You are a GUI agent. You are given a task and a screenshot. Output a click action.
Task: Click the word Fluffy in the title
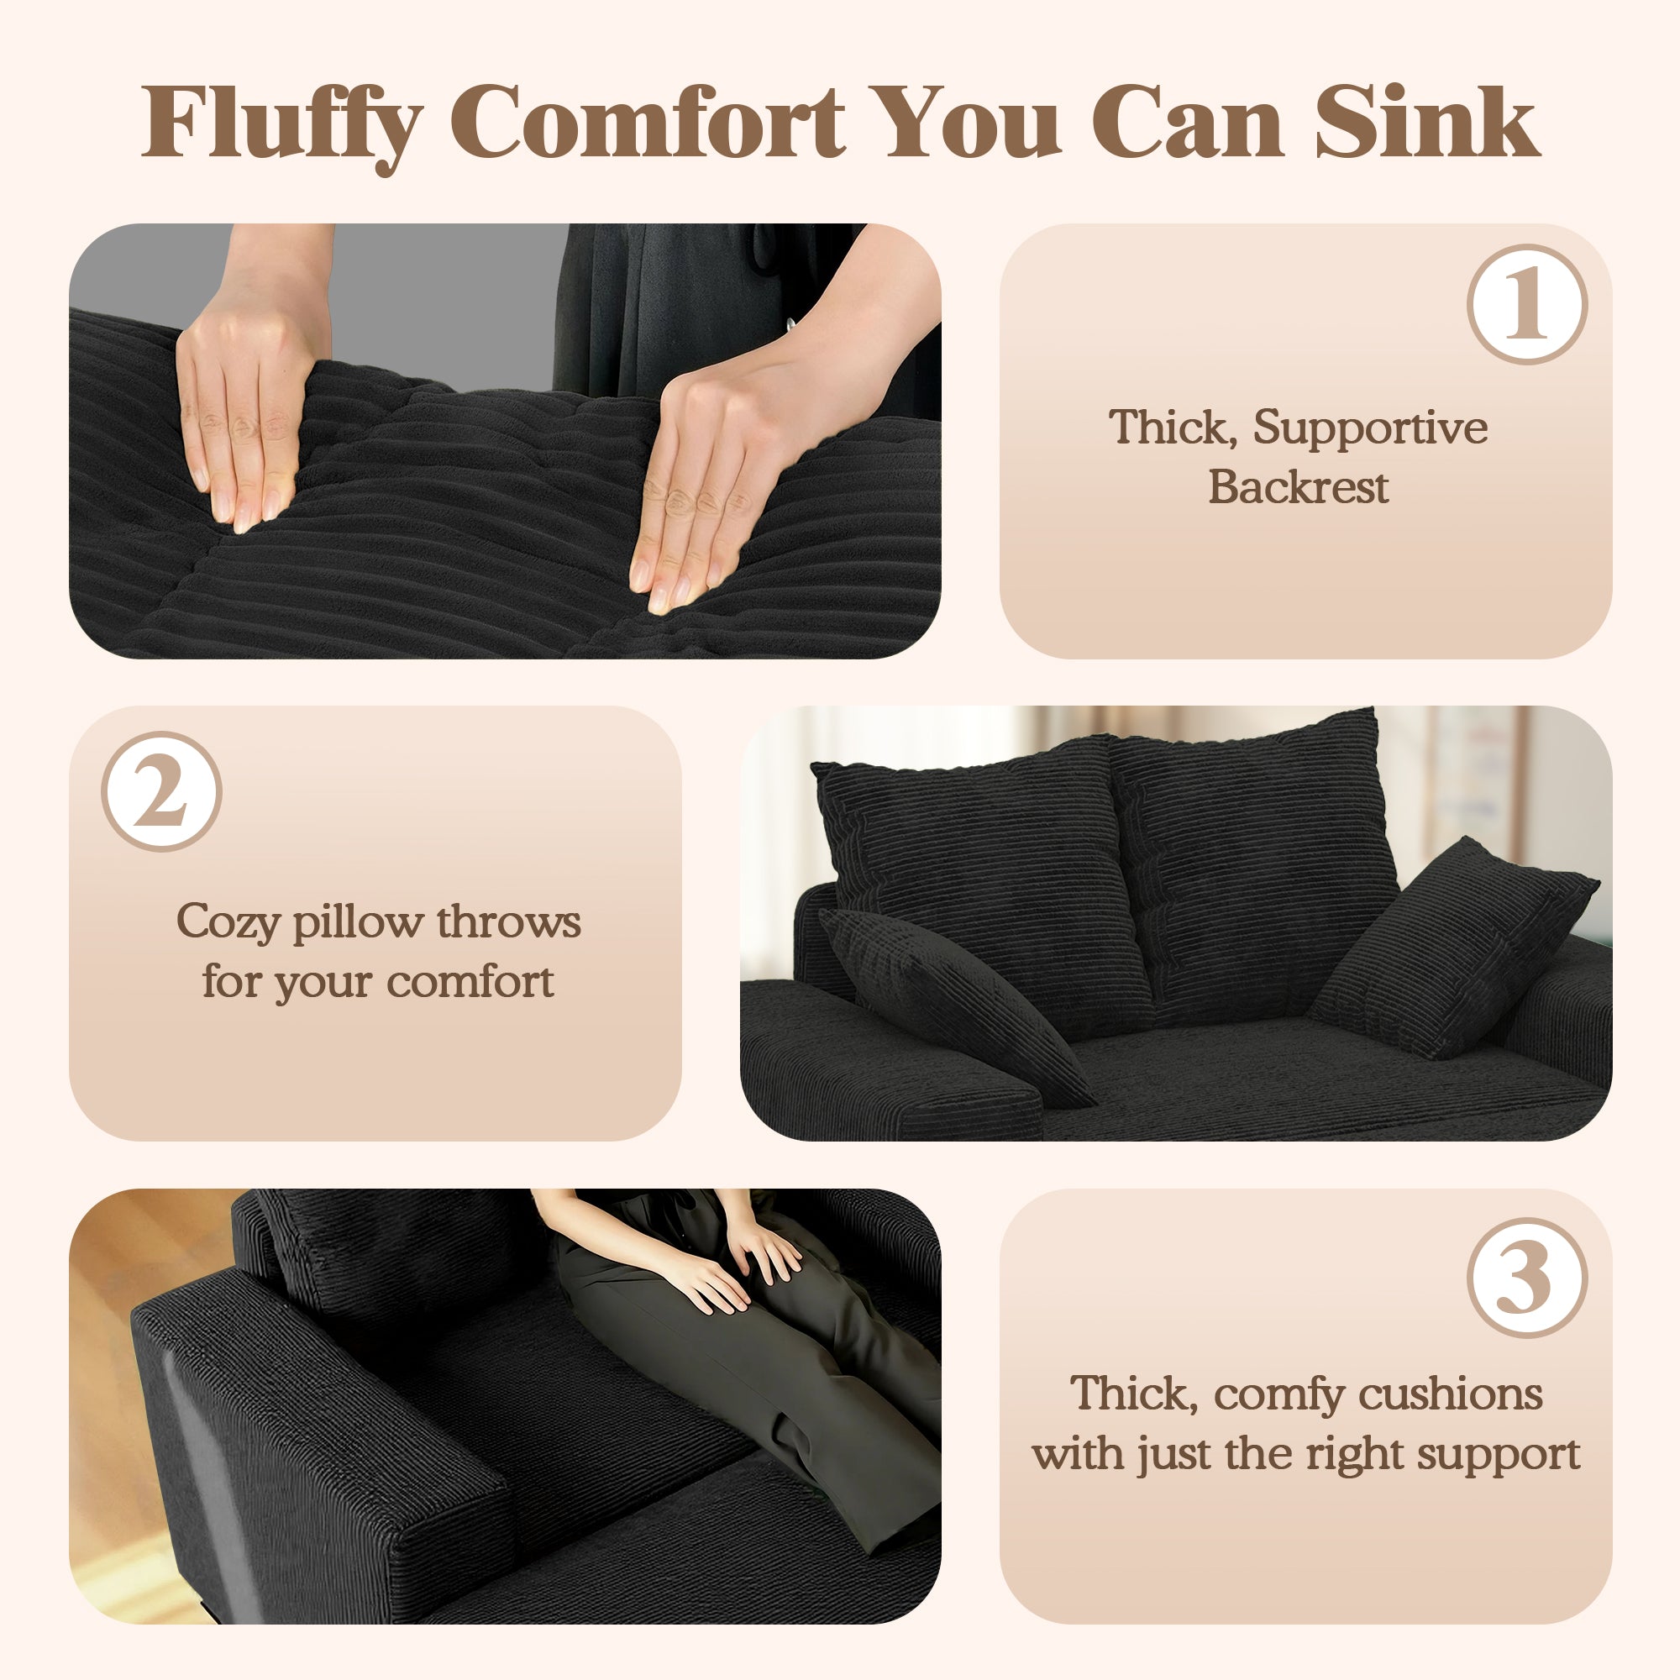pos(282,124)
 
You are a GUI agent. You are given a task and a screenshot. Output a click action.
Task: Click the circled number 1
pos(1527,304)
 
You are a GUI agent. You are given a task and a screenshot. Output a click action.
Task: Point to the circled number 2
pos(162,791)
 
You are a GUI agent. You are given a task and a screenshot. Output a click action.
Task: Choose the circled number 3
pos(1527,1278)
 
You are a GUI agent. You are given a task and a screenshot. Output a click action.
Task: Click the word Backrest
pos(1298,487)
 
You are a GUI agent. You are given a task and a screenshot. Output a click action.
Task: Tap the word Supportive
pos(1369,428)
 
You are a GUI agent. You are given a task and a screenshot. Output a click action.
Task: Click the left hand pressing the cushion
pos(248,409)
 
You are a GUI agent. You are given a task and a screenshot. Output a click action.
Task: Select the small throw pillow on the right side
pos(1452,948)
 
